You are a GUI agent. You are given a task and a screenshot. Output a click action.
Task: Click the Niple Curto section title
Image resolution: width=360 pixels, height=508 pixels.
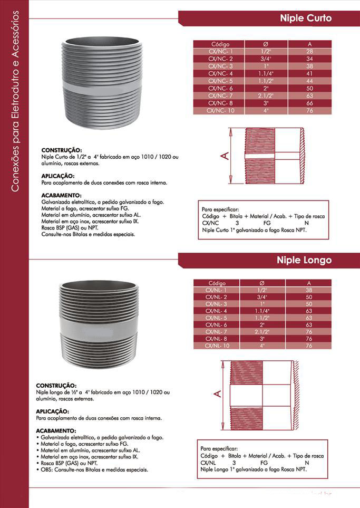[306, 18]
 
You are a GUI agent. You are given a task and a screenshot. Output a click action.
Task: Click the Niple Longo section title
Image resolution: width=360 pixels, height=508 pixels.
[304, 261]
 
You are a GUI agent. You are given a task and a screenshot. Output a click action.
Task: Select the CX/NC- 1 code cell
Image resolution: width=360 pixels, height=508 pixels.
[220, 51]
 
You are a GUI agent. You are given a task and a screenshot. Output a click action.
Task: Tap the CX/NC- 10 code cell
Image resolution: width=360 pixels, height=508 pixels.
[220, 111]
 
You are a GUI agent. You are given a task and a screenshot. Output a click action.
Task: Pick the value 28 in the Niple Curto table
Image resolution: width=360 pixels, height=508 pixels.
[309, 51]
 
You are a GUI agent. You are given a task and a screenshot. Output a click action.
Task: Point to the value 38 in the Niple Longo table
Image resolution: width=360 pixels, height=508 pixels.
[309, 290]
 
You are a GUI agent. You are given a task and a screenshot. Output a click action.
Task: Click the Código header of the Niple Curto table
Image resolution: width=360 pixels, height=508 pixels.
[220, 44]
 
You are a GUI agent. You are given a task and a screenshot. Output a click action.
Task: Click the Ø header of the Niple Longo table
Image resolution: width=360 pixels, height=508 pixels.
[262, 283]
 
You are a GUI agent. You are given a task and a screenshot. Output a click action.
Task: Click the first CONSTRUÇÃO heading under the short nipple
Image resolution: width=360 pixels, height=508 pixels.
[61, 150]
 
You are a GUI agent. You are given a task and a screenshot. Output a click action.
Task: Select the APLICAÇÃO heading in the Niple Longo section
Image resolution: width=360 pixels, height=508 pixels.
[52, 411]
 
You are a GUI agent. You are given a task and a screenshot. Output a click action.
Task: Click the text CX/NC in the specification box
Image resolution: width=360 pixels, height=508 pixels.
[210, 223]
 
